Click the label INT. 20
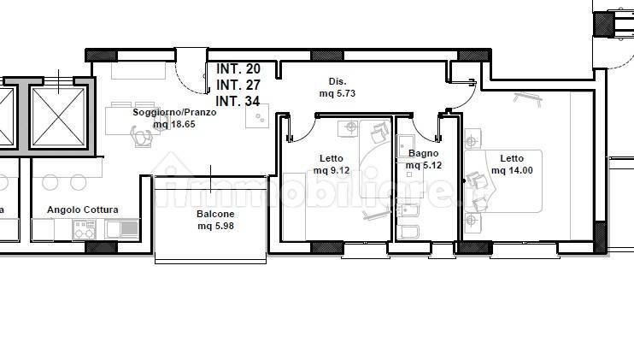click(x=238, y=69)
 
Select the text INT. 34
click(x=238, y=101)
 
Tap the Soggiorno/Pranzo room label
click(x=174, y=112)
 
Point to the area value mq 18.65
click(x=174, y=124)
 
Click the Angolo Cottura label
click(x=83, y=210)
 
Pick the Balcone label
click(x=215, y=214)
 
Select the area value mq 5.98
click(x=215, y=226)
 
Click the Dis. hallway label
click(x=338, y=81)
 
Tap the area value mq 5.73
click(x=338, y=93)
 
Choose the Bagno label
click(x=423, y=153)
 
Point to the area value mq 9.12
click(x=332, y=170)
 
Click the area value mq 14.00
click(x=512, y=170)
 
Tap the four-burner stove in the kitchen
click(x=84, y=229)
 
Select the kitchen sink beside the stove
click(x=122, y=229)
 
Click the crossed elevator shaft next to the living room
click(x=59, y=117)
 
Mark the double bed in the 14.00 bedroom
click(x=503, y=181)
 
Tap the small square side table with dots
click(x=257, y=116)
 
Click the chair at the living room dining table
click(x=141, y=136)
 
